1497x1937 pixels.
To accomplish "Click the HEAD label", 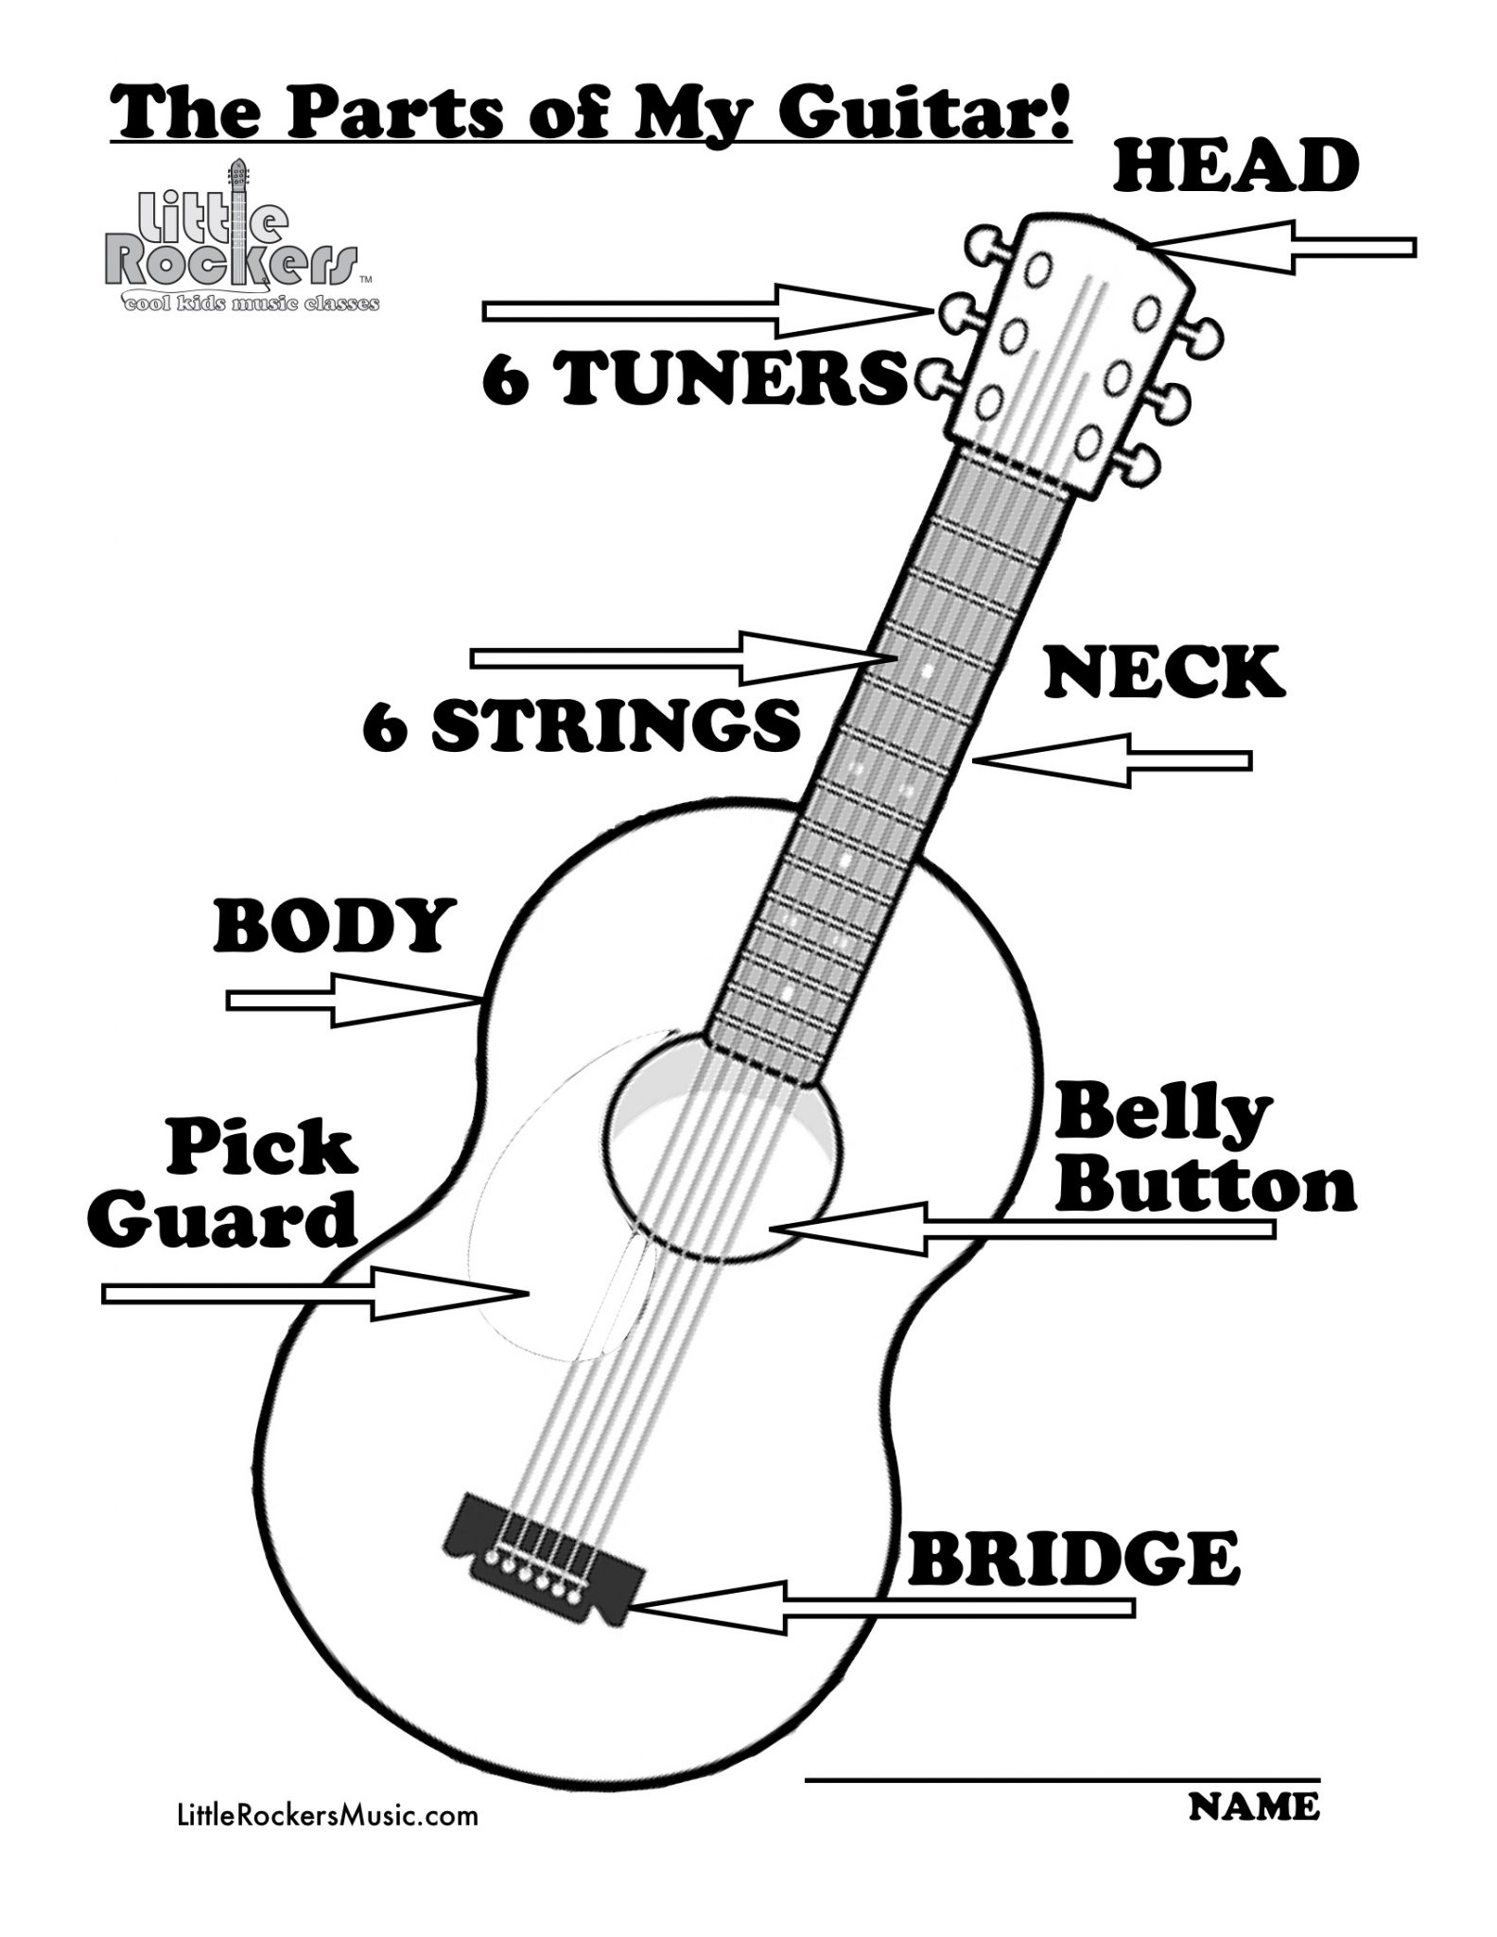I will [1237, 165].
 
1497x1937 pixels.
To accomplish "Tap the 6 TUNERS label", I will [693, 378].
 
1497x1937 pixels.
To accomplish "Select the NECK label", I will [1164, 672].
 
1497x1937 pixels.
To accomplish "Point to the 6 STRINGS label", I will [582, 726].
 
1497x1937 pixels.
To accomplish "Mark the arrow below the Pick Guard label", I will [312, 1293].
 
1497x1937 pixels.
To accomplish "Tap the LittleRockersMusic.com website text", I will [327, 1815].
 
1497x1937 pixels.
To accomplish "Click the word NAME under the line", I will [1252, 1806].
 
